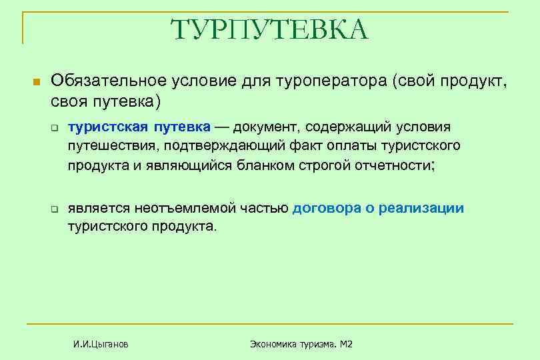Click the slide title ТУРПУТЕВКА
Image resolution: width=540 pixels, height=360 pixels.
point(269,30)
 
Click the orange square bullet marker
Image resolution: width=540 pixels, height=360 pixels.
point(37,82)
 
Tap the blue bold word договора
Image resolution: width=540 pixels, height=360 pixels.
point(325,208)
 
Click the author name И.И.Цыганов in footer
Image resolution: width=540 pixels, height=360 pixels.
point(101,344)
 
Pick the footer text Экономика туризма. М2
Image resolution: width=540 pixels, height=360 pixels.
point(301,344)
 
